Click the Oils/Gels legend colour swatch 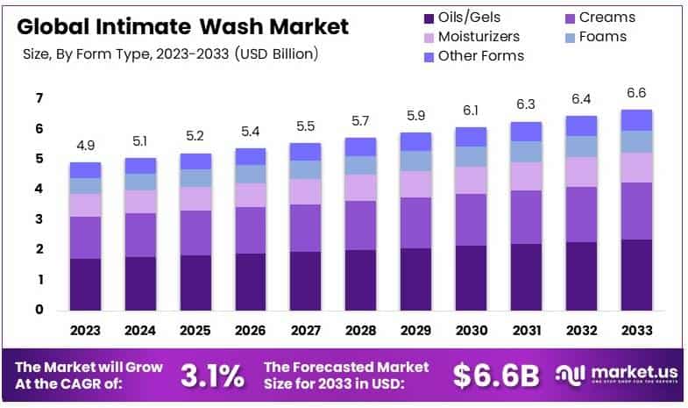tap(429, 18)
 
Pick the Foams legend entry tap(604, 37)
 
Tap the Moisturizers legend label tap(479, 37)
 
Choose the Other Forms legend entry tap(481, 56)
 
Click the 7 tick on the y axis tap(39, 98)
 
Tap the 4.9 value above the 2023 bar tap(86, 144)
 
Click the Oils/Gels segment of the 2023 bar tap(86, 284)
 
